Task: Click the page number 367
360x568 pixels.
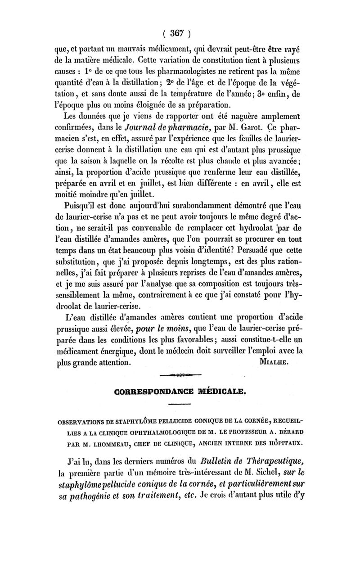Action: tap(179, 32)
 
